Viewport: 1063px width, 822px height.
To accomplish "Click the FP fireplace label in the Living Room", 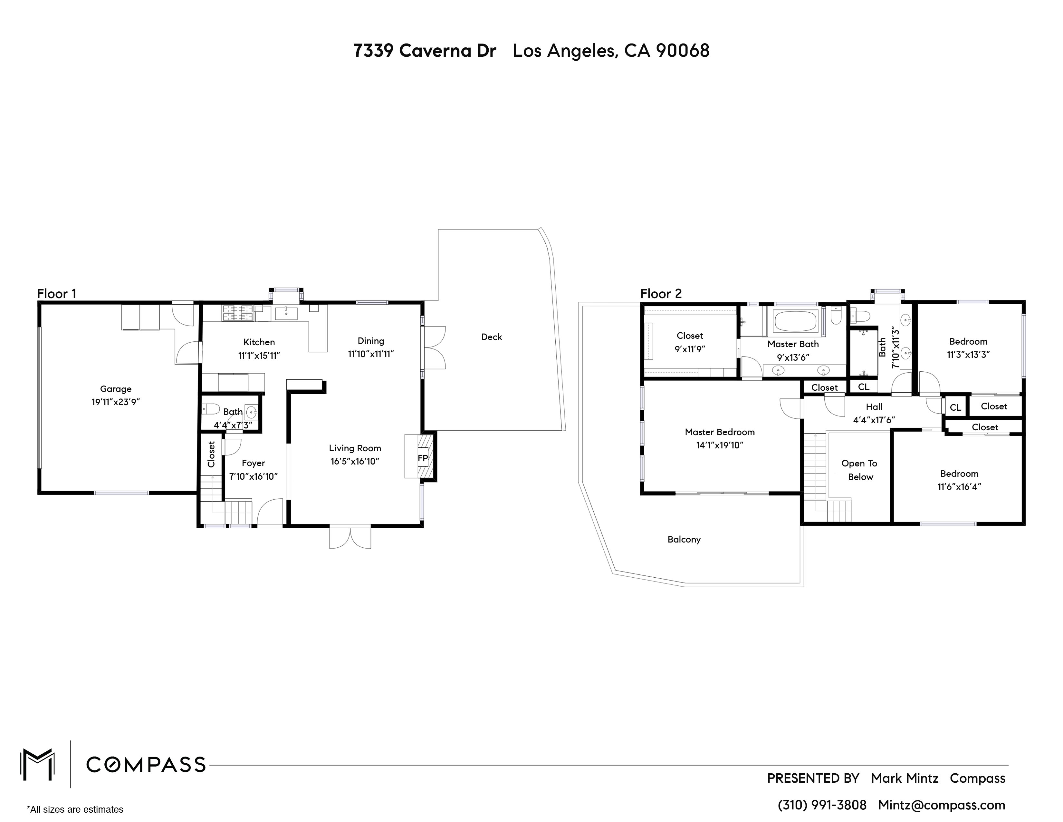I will [423, 458].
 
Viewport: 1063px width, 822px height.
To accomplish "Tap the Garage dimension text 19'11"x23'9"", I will [116, 402].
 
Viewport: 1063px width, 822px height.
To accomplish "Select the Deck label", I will [491, 337].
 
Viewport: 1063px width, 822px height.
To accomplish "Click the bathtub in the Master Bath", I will [794, 321].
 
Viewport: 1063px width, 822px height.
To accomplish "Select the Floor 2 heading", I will [661, 294].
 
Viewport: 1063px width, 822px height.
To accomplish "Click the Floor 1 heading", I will [56, 294].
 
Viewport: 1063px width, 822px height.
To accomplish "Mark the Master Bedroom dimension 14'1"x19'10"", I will [719, 445].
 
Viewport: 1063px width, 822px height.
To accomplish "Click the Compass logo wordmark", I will [146, 765].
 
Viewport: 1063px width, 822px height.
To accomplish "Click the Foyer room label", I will [253, 463].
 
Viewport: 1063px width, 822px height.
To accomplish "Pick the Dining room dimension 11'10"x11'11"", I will [370, 354].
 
